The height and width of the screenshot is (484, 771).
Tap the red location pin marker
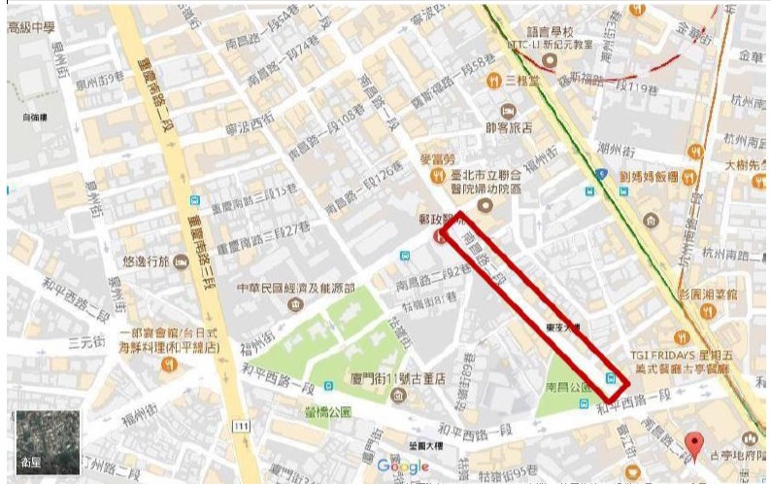pos(692,445)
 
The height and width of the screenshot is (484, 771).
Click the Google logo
pos(401,466)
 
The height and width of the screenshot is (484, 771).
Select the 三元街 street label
pos(86,342)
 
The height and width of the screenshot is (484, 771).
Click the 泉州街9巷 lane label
pos(104,77)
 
